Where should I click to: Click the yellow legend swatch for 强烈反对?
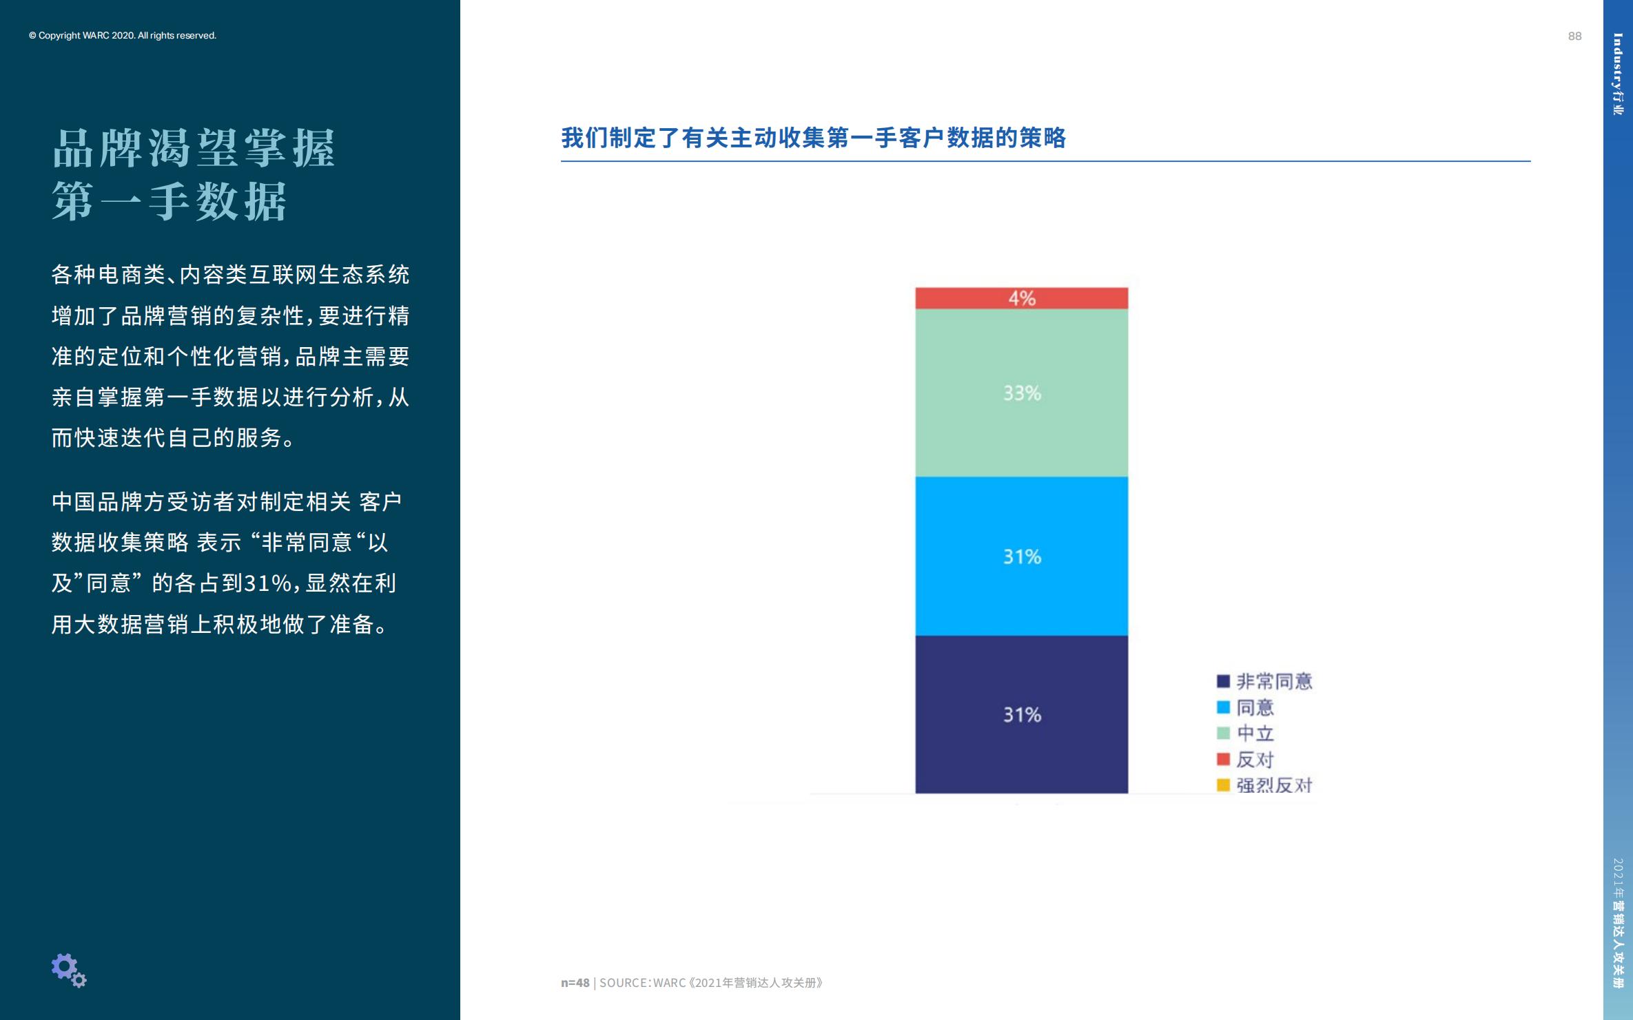pyautogui.click(x=1223, y=785)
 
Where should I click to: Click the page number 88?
pyautogui.click(x=1574, y=37)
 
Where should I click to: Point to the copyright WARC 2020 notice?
pyautogui.click(x=123, y=36)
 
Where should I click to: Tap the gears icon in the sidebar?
pyautogui.click(x=68, y=970)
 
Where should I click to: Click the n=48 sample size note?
pyautogui.click(x=575, y=983)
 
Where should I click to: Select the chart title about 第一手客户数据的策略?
pyautogui.click(x=813, y=138)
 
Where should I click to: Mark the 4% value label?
pyautogui.click(x=1022, y=298)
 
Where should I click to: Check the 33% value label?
pyautogui.click(x=1022, y=393)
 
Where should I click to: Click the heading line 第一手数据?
pyautogui.click(x=170, y=202)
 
